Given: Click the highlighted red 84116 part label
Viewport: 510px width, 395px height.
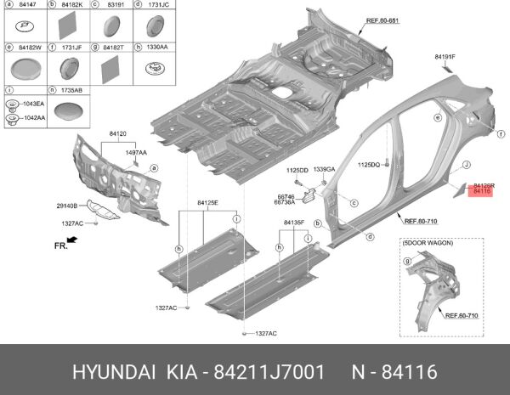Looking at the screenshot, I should pyautogui.click(x=483, y=192).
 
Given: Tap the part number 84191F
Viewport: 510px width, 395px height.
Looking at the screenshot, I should pyautogui.click(x=445, y=57).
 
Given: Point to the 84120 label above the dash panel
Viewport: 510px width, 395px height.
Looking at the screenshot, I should pyautogui.click(x=117, y=134).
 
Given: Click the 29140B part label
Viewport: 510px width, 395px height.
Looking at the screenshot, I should pyautogui.click(x=68, y=206).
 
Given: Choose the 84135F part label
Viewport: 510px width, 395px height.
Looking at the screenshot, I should pyautogui.click(x=294, y=223).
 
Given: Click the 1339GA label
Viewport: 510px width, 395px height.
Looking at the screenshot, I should pyautogui.click(x=325, y=171).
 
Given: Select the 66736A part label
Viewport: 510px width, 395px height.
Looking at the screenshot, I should pyautogui.click(x=285, y=202).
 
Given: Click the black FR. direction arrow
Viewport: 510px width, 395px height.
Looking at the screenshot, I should pyautogui.click(x=71, y=242).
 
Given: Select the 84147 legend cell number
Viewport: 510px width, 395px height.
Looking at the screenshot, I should pyautogui.click(x=27, y=7).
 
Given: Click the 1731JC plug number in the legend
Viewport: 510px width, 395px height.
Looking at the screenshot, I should pyautogui.click(x=158, y=7).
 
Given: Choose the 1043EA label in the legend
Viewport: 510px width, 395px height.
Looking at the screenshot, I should pyautogui.click(x=35, y=104).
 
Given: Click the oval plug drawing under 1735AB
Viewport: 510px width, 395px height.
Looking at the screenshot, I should pyautogui.click(x=71, y=110).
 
